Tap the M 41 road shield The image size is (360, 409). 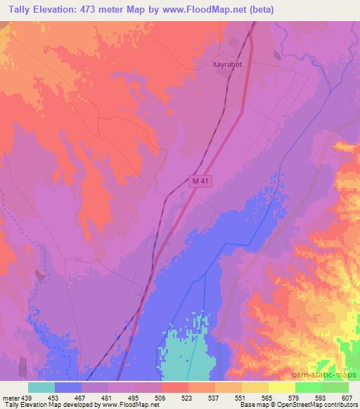point(200,181)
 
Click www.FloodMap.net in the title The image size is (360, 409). point(212,10)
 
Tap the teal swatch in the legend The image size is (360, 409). point(41,388)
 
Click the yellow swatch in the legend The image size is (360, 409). point(255,388)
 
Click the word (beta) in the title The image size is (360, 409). point(259,10)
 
